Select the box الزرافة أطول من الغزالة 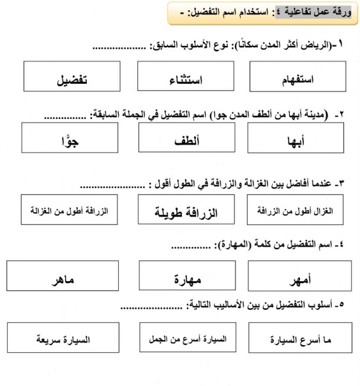(x=61, y=210)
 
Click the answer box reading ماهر (x=62, y=278)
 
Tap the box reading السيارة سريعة (x=63, y=339)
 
